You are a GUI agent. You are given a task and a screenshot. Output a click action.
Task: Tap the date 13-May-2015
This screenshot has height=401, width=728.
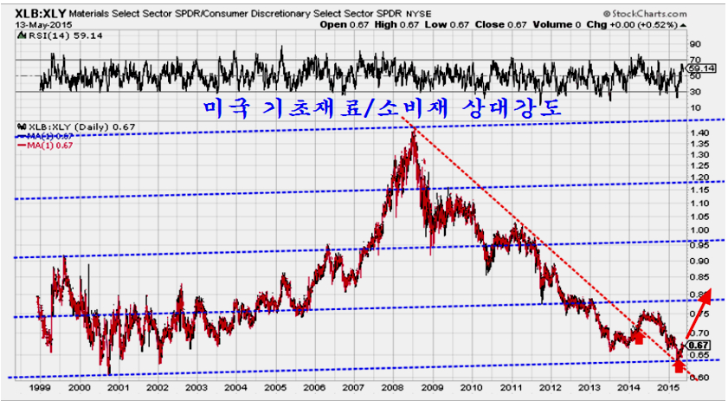coord(38,24)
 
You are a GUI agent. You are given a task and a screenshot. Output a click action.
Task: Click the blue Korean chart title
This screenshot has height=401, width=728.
coord(389,107)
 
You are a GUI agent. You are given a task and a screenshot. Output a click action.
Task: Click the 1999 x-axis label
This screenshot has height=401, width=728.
coord(38,390)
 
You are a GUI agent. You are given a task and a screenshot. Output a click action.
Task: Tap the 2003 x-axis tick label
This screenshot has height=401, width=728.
coord(196,390)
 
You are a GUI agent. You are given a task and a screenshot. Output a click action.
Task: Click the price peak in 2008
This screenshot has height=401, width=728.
coord(412,132)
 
